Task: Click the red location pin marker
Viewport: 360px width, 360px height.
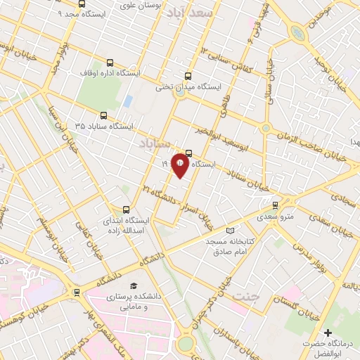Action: [x=179, y=165]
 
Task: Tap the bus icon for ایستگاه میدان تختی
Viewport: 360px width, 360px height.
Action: [x=187, y=77]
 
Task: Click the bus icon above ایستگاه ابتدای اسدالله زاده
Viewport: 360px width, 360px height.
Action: [x=127, y=209]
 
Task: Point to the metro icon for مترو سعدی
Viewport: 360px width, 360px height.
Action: [x=275, y=205]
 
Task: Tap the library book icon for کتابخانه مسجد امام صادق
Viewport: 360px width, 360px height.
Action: [x=230, y=231]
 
